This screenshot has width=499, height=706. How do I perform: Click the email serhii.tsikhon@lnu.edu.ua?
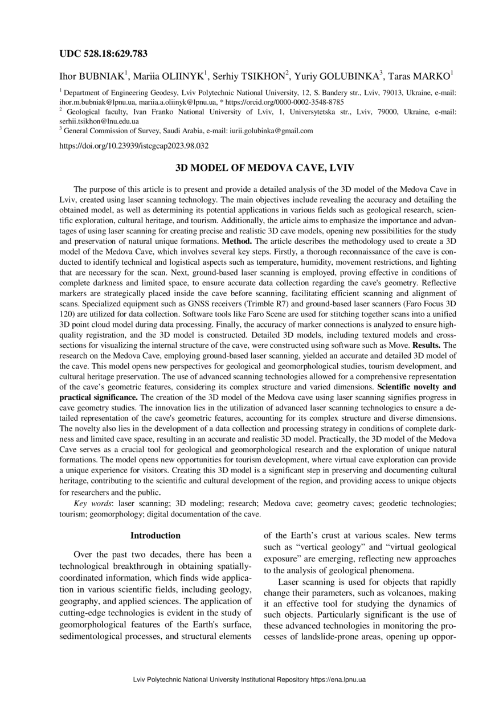tap(99, 121)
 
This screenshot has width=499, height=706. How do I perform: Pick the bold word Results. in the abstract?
tap(426, 346)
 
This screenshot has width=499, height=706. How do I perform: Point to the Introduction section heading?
tap(156, 536)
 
